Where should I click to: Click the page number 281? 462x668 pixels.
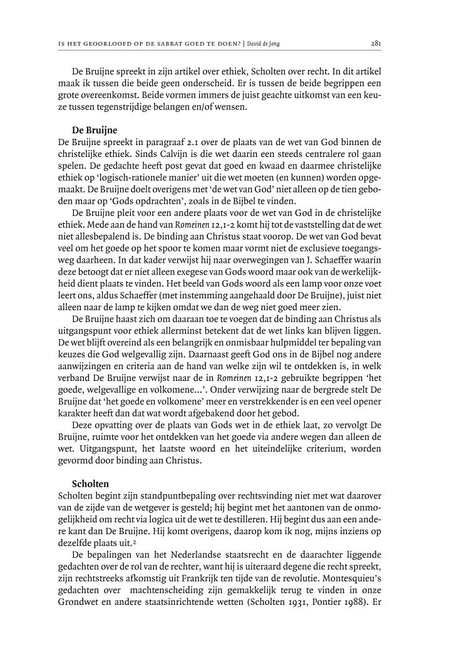point(376,44)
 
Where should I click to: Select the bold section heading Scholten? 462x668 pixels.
point(91,484)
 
